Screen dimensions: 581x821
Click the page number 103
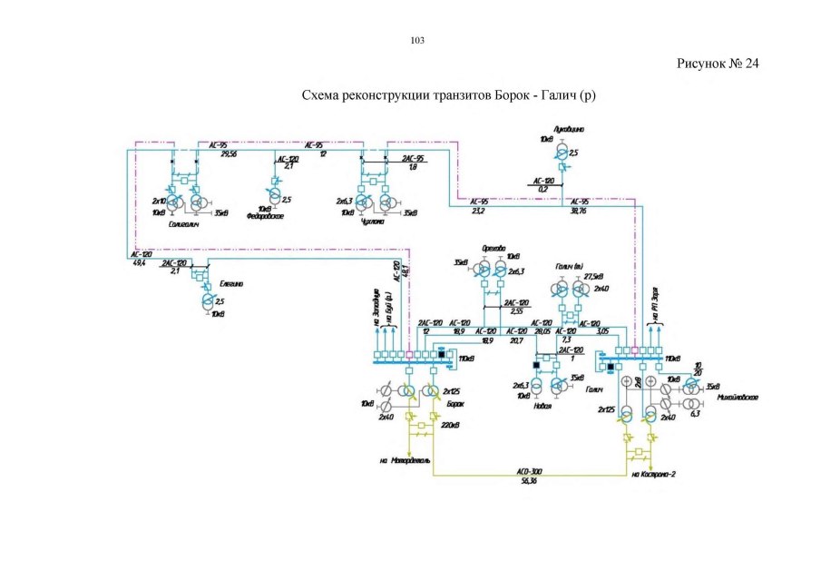click(417, 40)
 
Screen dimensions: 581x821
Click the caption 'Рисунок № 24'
click(717, 64)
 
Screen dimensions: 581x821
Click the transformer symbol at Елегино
click(207, 301)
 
